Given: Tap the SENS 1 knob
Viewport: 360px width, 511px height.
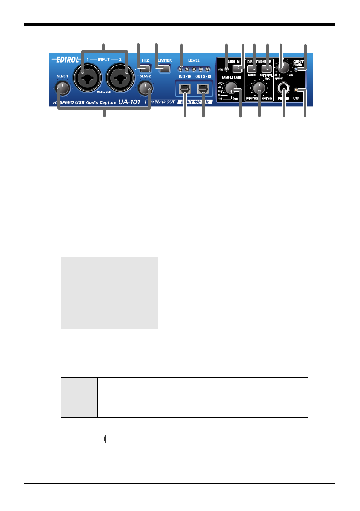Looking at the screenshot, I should click(x=62, y=88).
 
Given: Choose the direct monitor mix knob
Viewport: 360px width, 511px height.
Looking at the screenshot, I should click(x=258, y=88).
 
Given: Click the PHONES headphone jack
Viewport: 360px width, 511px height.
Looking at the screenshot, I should click(x=283, y=89).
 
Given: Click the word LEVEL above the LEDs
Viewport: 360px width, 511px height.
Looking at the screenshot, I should click(x=194, y=60).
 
